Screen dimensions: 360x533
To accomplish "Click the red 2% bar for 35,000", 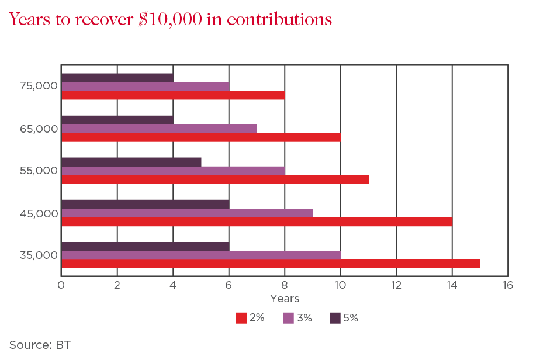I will (x=270, y=264).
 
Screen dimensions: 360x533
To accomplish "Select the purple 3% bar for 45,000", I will (x=187, y=213).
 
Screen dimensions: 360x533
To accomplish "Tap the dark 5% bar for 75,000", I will (x=117, y=78).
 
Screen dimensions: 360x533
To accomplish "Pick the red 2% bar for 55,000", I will (x=214, y=180).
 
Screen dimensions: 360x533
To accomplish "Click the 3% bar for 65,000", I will (x=159, y=129).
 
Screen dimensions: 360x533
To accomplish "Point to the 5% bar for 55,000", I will (x=131, y=162).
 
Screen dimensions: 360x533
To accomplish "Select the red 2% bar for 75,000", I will (x=172, y=95).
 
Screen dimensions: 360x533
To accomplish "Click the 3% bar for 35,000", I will (x=200, y=255).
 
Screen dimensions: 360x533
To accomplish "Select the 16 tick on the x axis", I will (x=507, y=285).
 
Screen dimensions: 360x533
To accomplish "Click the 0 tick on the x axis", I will (x=61, y=285).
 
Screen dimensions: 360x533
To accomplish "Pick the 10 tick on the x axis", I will (x=340, y=285).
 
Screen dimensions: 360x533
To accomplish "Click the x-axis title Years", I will (x=285, y=299).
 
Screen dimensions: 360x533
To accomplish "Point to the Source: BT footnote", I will (x=40, y=345).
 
